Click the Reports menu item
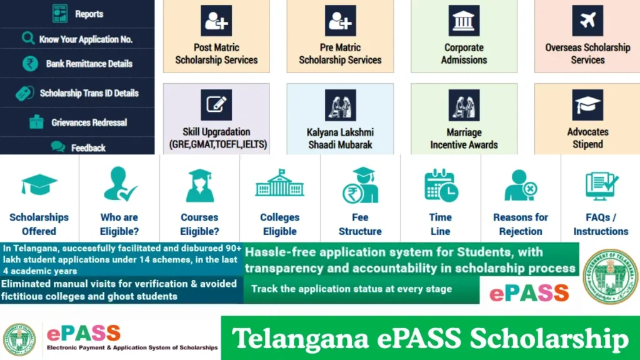click(x=89, y=14)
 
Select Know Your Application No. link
click(x=86, y=39)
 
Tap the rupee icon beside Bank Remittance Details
click(x=30, y=63)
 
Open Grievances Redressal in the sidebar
click(x=89, y=122)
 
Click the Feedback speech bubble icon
click(x=57, y=147)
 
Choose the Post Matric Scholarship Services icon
click(x=216, y=21)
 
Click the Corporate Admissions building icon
click(x=464, y=21)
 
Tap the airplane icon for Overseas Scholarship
click(x=587, y=21)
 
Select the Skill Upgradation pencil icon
click(x=216, y=105)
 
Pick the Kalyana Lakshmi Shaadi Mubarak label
click(x=340, y=138)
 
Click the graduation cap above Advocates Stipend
click(x=587, y=105)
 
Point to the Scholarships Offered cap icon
click(x=39, y=185)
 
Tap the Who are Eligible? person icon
click(x=119, y=184)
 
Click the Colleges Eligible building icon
click(x=279, y=184)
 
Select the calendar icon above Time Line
click(x=441, y=186)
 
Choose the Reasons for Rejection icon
click(x=521, y=185)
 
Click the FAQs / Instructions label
click(x=601, y=224)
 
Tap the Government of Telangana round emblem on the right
click(x=609, y=276)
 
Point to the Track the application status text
click(x=351, y=289)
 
